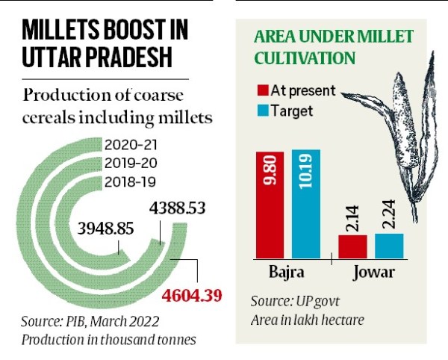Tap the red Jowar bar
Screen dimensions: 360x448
tap(352, 246)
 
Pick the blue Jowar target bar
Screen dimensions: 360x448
tap(389, 245)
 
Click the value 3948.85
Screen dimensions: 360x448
tap(101, 225)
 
